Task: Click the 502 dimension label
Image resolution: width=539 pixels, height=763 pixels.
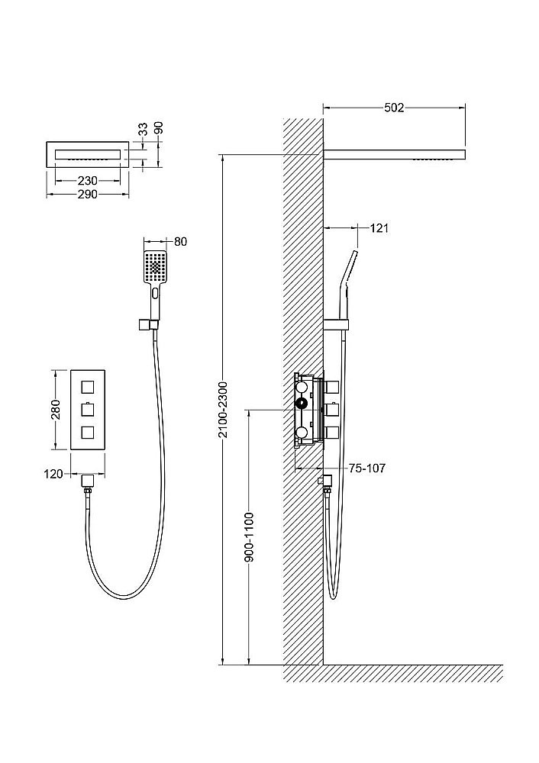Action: pyautogui.click(x=394, y=108)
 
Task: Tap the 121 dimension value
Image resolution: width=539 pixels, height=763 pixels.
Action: pyautogui.click(x=379, y=227)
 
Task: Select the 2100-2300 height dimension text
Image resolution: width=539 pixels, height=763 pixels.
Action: pyautogui.click(x=222, y=410)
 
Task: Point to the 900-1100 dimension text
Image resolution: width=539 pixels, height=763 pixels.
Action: pyautogui.click(x=249, y=536)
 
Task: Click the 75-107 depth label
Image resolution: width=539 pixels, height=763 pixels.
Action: pyautogui.click(x=367, y=468)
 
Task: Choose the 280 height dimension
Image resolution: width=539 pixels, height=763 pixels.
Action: pyautogui.click(x=56, y=410)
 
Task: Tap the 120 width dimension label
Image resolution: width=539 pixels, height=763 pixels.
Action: pyautogui.click(x=53, y=474)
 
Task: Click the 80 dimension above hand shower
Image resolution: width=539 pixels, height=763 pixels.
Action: pyautogui.click(x=180, y=241)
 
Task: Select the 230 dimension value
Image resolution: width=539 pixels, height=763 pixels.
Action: pyautogui.click(x=88, y=181)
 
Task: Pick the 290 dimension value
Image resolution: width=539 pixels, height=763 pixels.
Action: pyautogui.click(x=88, y=194)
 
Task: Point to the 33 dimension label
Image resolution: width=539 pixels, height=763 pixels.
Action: pyautogui.click(x=143, y=129)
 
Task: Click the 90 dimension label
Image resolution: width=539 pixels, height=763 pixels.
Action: pyautogui.click(x=159, y=128)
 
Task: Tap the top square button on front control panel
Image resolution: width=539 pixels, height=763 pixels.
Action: pyautogui.click(x=88, y=387)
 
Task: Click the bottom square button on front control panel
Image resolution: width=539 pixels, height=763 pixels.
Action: pyautogui.click(x=88, y=432)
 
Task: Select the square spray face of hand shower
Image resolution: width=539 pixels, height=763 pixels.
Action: pyautogui.click(x=155, y=266)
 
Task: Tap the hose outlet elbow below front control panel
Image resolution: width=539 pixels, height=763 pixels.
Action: pyautogui.click(x=88, y=481)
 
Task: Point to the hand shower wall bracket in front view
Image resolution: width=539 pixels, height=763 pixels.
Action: pyautogui.click(x=147, y=324)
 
